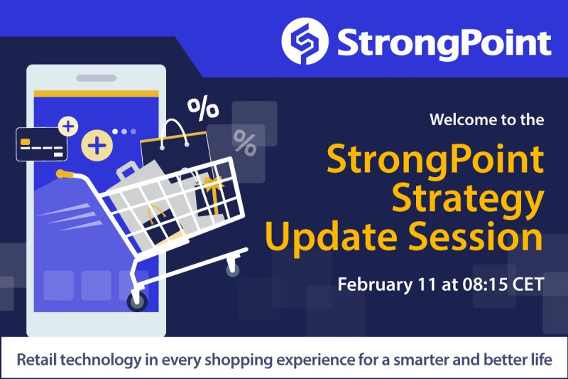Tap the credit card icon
(x=40, y=144)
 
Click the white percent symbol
(x=202, y=108)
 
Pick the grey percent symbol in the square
(x=245, y=144)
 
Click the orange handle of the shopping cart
(x=65, y=174)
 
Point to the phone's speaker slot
(x=96, y=78)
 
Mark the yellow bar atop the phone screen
(x=96, y=93)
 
